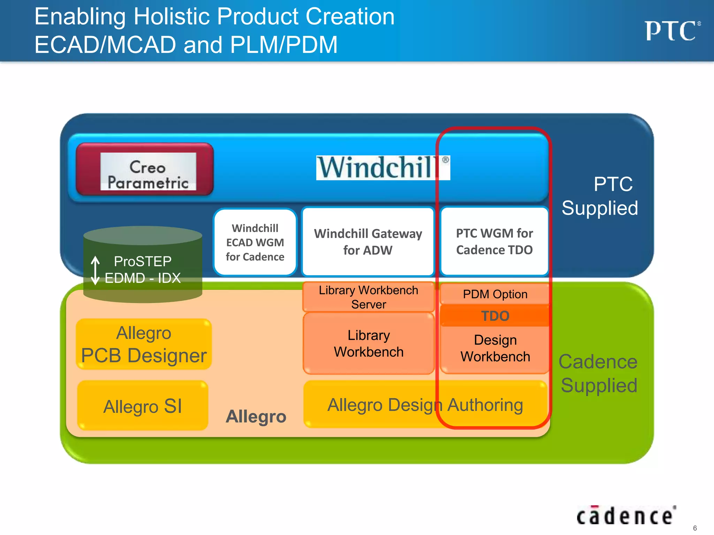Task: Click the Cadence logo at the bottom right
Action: tap(626, 516)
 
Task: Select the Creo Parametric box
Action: tap(145, 170)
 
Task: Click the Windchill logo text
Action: tap(382, 168)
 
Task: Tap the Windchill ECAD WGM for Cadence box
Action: tap(255, 242)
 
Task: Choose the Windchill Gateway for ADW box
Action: tap(368, 242)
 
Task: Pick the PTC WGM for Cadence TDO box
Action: tap(494, 241)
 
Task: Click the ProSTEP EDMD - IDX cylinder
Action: tap(143, 265)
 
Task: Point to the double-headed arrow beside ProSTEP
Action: tap(95, 270)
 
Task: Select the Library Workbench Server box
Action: tap(368, 297)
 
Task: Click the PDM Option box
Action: tap(495, 294)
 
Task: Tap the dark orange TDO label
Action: tap(495, 316)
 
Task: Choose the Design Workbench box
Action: tap(495, 348)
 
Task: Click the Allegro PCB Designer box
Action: tap(144, 344)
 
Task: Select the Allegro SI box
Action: tap(143, 406)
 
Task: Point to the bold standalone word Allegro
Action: tap(256, 416)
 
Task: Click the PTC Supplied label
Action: tap(600, 196)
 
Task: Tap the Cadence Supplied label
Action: tap(598, 373)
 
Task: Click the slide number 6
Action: tap(694, 528)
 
